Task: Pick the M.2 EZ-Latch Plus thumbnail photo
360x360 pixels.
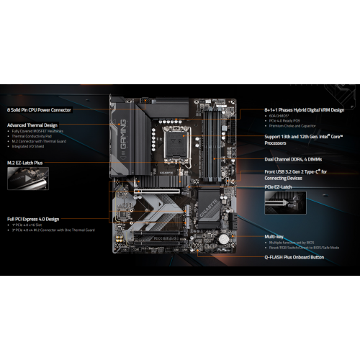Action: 27,179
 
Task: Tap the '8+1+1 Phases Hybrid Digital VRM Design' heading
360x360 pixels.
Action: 304,109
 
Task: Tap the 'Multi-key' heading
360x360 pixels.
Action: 275,235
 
